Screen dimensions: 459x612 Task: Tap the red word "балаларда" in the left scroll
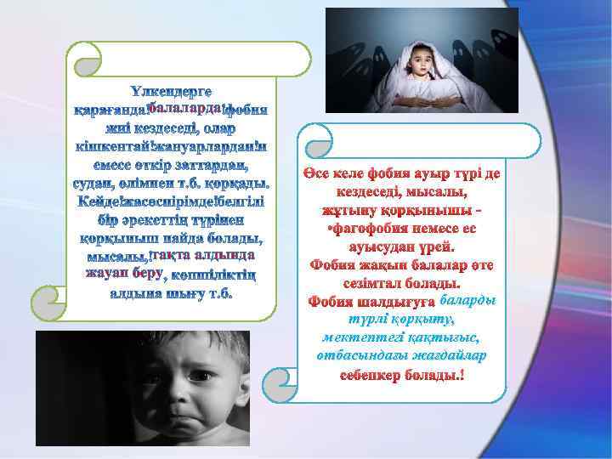click(184, 108)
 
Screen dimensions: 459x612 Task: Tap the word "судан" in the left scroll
click(94, 183)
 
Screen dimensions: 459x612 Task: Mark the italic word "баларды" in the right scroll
click(468, 301)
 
